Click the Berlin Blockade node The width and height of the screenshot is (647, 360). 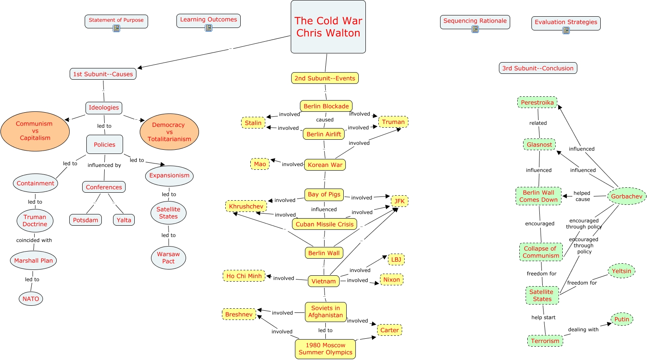[326, 106]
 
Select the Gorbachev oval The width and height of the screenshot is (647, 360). [627, 196]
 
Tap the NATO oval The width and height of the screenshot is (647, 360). [30, 299]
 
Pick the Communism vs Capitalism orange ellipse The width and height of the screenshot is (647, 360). [35, 131]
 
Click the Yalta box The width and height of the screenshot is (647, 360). [123, 220]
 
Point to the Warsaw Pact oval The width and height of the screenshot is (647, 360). [169, 258]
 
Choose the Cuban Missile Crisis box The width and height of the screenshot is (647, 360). [325, 224]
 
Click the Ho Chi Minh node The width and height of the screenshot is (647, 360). [244, 276]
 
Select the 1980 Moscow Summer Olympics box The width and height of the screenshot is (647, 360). [325, 349]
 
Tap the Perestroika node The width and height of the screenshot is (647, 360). [537, 102]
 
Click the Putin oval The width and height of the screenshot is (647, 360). [622, 319]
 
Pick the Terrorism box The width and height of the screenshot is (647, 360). [545, 341]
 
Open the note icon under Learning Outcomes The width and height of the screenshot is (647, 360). [209, 28]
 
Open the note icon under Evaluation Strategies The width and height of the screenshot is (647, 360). [566, 30]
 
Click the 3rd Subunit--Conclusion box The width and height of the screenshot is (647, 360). [538, 68]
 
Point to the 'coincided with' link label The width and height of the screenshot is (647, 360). [34, 240]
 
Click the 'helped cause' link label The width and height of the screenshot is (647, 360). [582, 196]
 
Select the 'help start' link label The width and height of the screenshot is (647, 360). [543, 317]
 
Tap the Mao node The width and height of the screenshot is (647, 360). [259, 164]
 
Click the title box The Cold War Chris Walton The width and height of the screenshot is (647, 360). [328, 27]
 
